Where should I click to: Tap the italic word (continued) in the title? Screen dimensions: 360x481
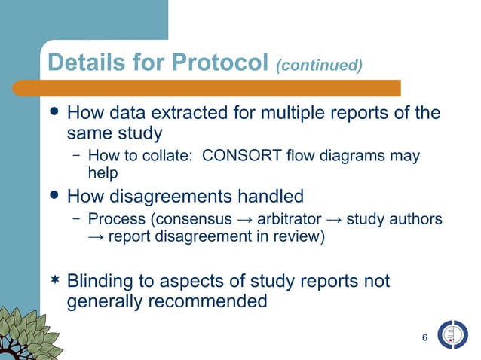(x=320, y=66)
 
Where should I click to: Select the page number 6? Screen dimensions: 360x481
(x=425, y=337)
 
